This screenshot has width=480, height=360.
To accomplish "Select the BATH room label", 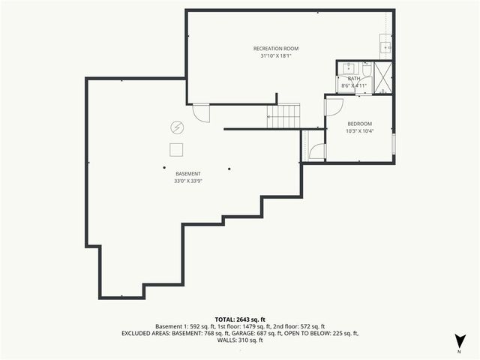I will pyautogui.click(x=354, y=78).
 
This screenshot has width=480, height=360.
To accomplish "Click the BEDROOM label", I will pyautogui.click(x=359, y=124).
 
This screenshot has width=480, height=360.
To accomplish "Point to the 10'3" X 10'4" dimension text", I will pyautogui.click(x=359, y=131).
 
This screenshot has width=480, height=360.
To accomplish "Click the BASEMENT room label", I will pyautogui.click(x=188, y=173).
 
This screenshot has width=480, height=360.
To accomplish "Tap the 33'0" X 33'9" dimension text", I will pyautogui.click(x=188, y=181).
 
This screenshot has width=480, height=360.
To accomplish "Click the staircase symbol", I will pyautogui.click(x=284, y=116).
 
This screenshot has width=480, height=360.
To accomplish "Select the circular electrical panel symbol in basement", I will pyautogui.click(x=178, y=127).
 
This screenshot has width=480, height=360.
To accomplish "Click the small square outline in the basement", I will pyautogui.click(x=177, y=148).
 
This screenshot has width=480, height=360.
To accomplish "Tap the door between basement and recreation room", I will pyautogui.click(x=201, y=113).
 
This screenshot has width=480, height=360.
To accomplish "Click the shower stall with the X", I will pyautogui.click(x=383, y=77).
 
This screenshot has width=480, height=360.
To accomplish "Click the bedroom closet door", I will pyautogui.click(x=316, y=151).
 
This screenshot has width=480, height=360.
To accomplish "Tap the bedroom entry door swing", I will pyautogui.click(x=332, y=107).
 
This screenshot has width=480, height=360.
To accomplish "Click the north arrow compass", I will pyautogui.click(x=458, y=341).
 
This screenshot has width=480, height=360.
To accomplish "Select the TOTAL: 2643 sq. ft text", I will pyautogui.click(x=239, y=319).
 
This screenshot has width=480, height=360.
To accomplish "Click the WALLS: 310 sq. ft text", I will pyautogui.click(x=239, y=340).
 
